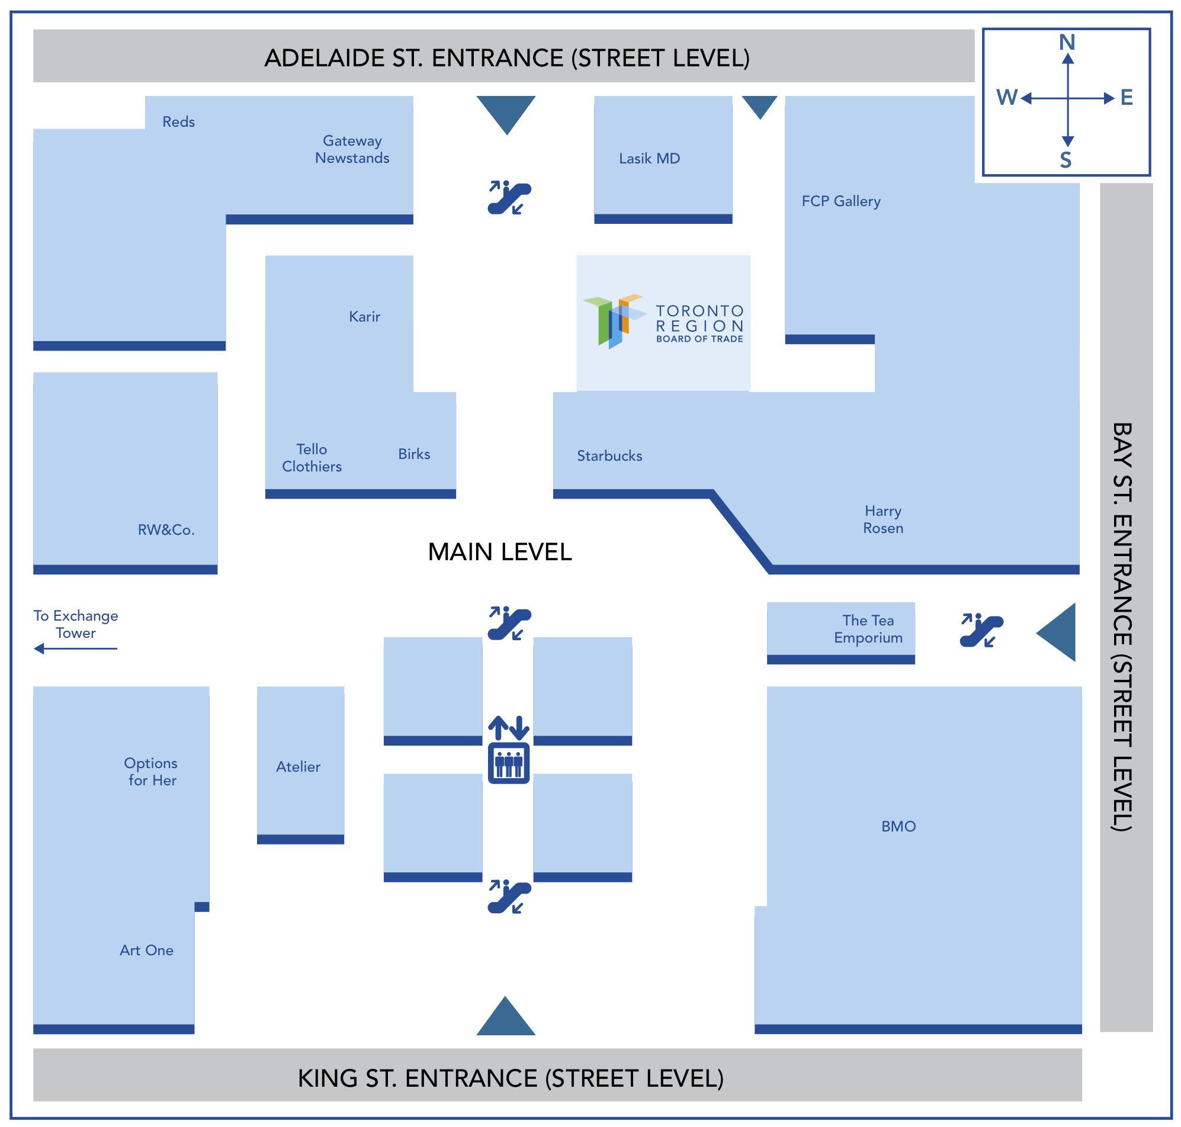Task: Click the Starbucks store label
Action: pos(609,456)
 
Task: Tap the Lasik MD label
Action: pos(649,159)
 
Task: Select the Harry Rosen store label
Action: pos(882,519)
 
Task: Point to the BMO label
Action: pos(898,827)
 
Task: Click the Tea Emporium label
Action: pos(868,629)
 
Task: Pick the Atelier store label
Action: pos(298,766)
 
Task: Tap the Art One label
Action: pos(146,951)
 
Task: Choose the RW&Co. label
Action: pos(166,530)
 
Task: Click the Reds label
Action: pos(178,122)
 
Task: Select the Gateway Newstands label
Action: pos(352,150)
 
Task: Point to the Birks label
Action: pos(414,454)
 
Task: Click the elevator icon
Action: pos(508,763)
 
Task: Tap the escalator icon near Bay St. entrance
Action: pos(981,631)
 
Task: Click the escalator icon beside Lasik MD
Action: pos(508,197)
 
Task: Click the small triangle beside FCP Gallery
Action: pos(759,107)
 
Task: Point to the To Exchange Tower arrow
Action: pos(75,648)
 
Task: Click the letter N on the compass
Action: pos(1066,43)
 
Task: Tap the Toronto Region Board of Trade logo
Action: pos(663,323)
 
